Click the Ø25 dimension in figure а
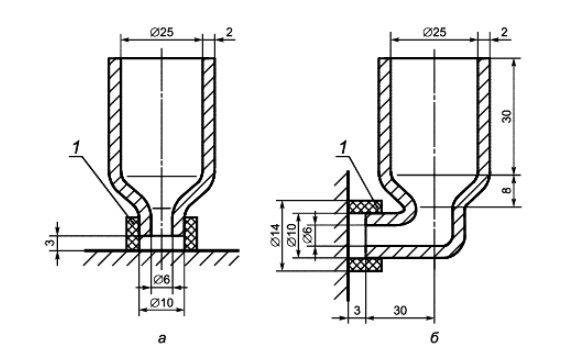(162, 33)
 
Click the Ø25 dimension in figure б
(434, 33)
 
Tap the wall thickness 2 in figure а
(229, 32)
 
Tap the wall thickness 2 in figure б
(504, 32)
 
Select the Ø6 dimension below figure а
(162, 279)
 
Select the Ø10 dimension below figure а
(162, 302)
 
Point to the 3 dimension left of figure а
(51, 242)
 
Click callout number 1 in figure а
(76, 148)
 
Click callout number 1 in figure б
(342, 148)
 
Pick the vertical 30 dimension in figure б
(506, 116)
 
